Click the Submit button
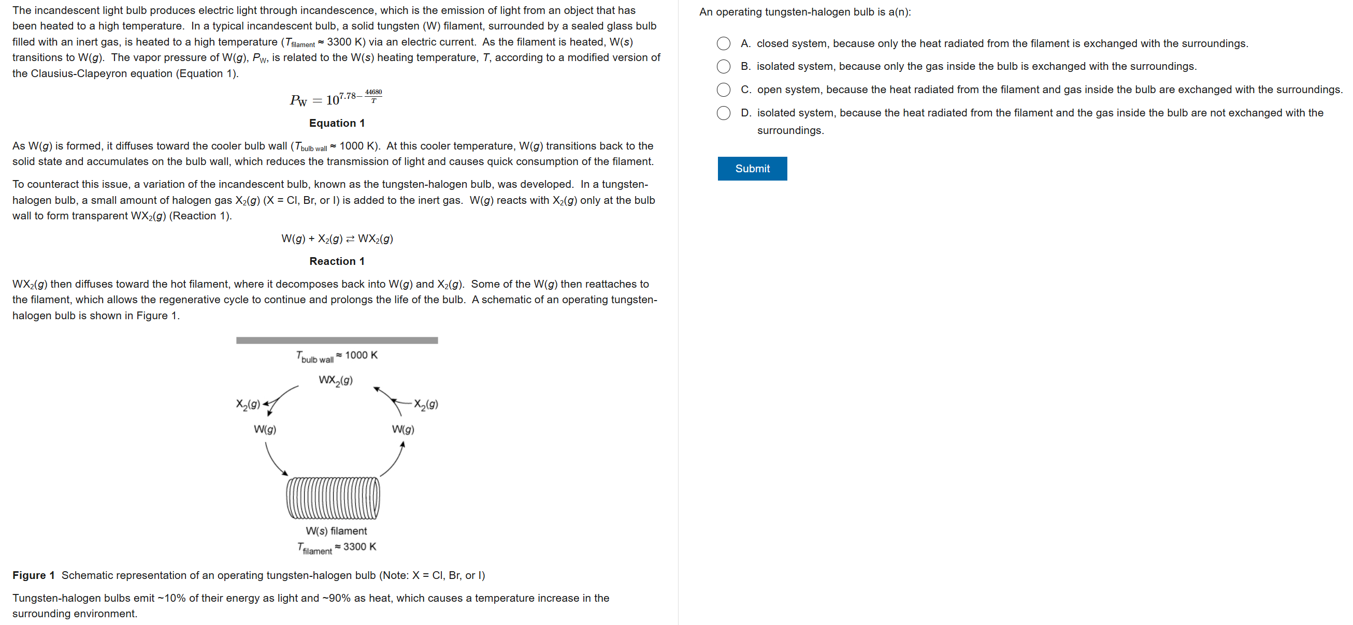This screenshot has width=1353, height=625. tap(752, 169)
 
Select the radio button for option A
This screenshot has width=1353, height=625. tap(723, 43)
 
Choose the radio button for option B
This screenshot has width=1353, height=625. tap(723, 67)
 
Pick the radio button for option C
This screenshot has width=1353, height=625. tap(723, 90)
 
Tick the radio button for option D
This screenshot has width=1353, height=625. tap(723, 113)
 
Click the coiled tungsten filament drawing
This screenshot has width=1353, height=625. tap(333, 498)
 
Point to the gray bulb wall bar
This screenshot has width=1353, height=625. tap(337, 340)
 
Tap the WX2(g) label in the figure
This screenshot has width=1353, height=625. tap(336, 380)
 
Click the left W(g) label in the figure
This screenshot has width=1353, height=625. tap(265, 429)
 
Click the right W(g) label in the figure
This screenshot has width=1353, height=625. tap(403, 429)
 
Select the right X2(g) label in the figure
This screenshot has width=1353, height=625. tap(426, 404)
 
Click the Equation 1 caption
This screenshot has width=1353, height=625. tap(337, 123)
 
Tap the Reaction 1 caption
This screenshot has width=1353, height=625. tap(337, 261)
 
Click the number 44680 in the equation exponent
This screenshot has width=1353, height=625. tap(373, 92)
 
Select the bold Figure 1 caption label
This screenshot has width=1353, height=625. tap(34, 575)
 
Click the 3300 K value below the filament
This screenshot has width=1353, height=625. tap(360, 546)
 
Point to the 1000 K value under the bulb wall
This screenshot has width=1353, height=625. tap(362, 355)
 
